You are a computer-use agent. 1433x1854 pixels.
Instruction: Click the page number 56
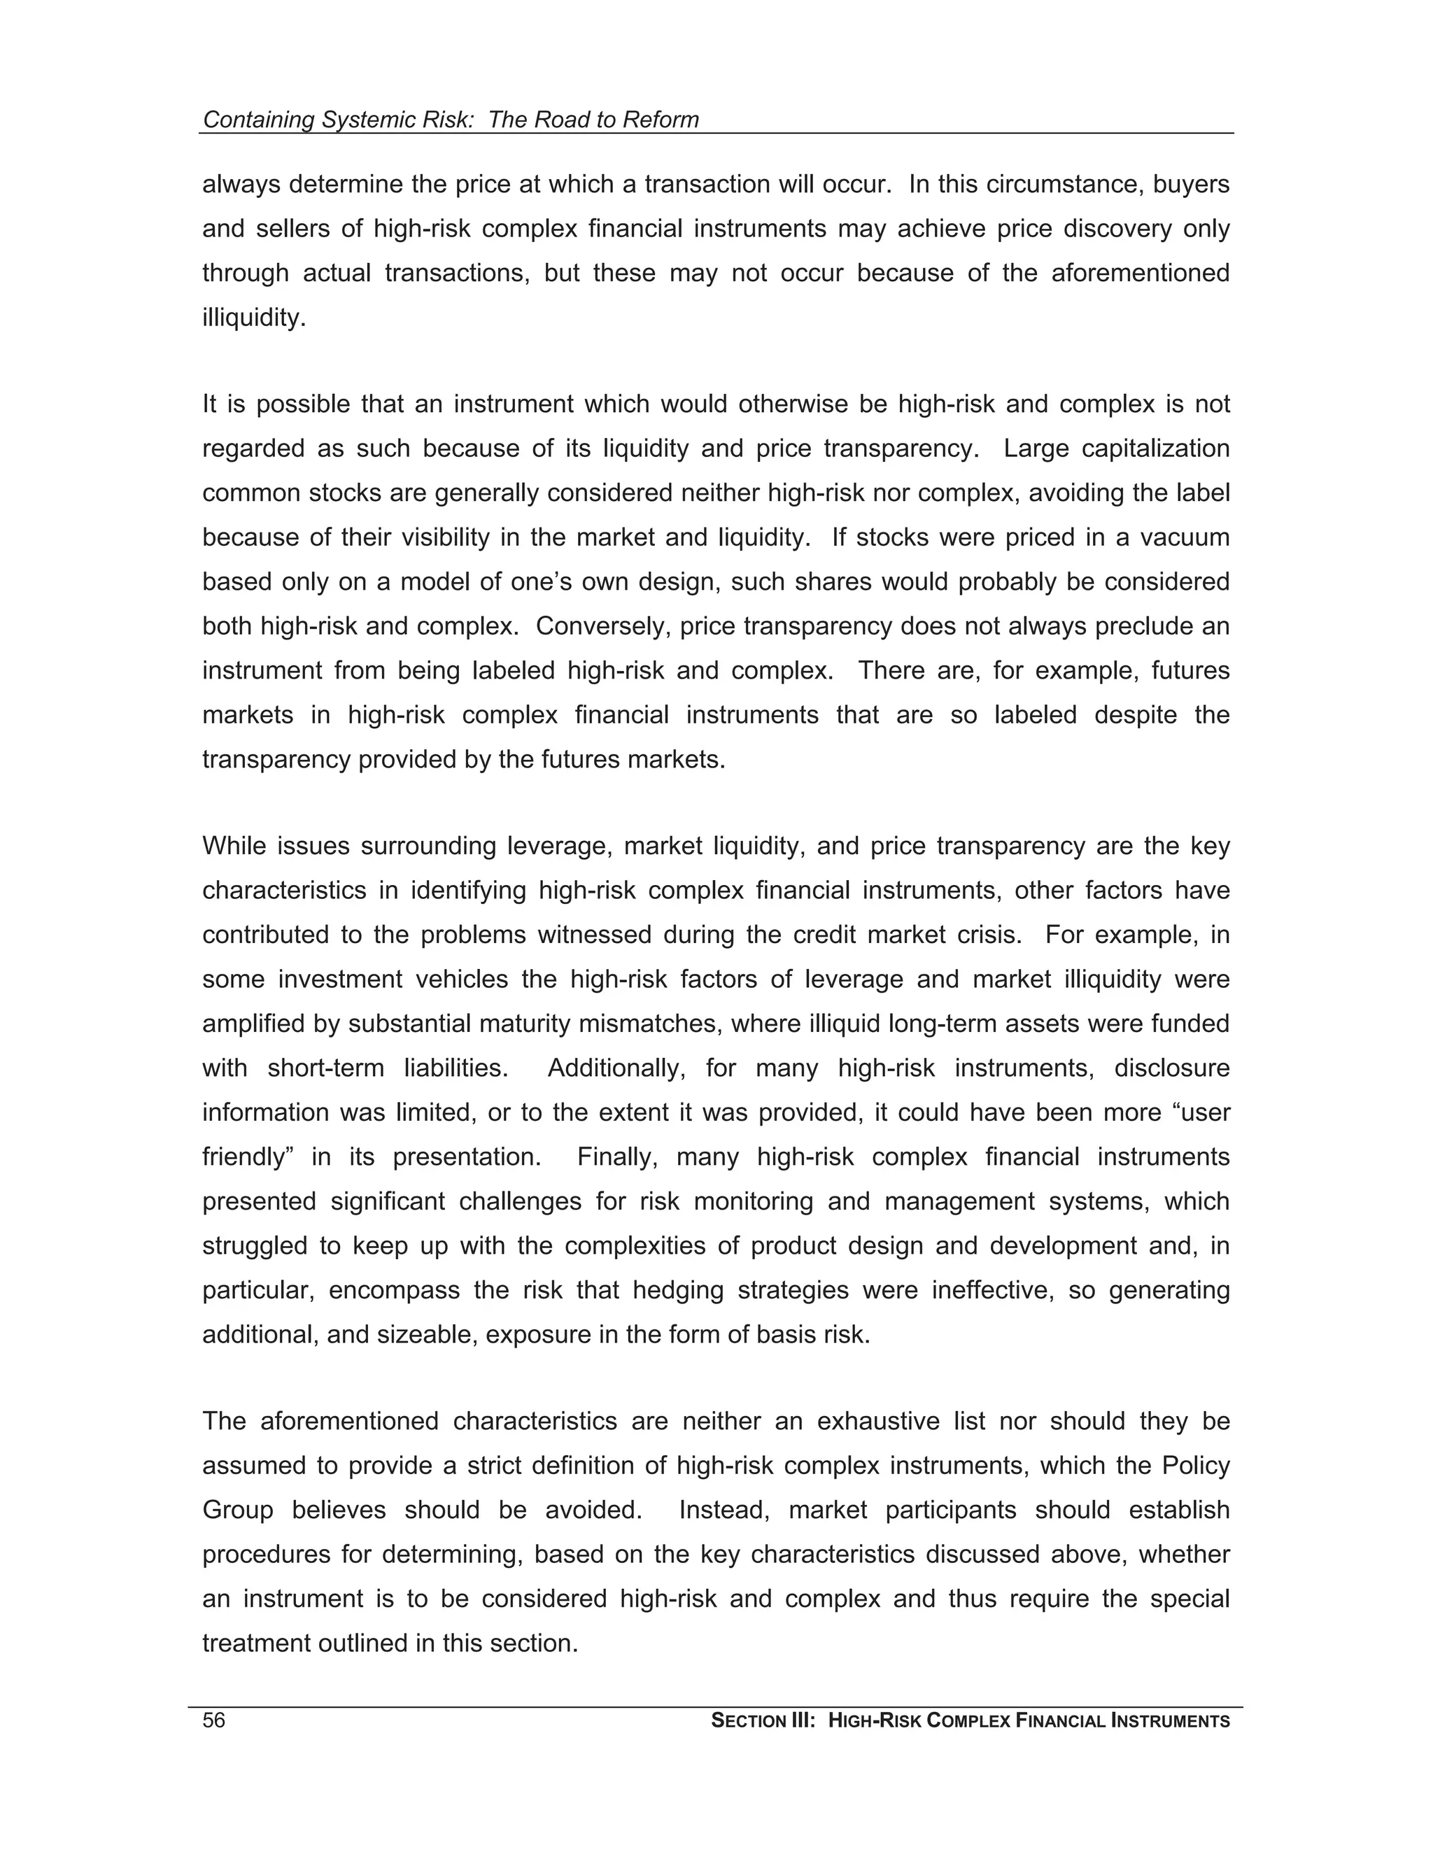tap(214, 1721)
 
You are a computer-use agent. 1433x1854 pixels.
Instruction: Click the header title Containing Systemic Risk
tap(337, 120)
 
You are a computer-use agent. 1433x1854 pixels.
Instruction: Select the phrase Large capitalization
tap(1115, 448)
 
